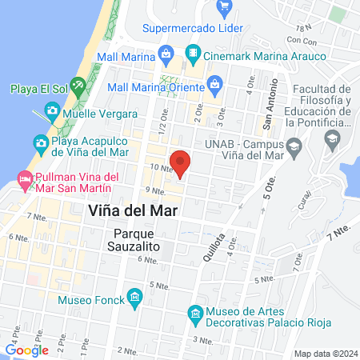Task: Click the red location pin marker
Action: click(x=182, y=162)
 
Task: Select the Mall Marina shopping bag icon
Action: click(x=166, y=56)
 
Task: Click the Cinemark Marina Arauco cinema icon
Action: click(x=192, y=56)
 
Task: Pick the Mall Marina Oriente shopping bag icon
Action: click(x=214, y=84)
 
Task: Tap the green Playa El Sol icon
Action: click(x=77, y=85)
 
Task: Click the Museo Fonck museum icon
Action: click(x=134, y=301)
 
